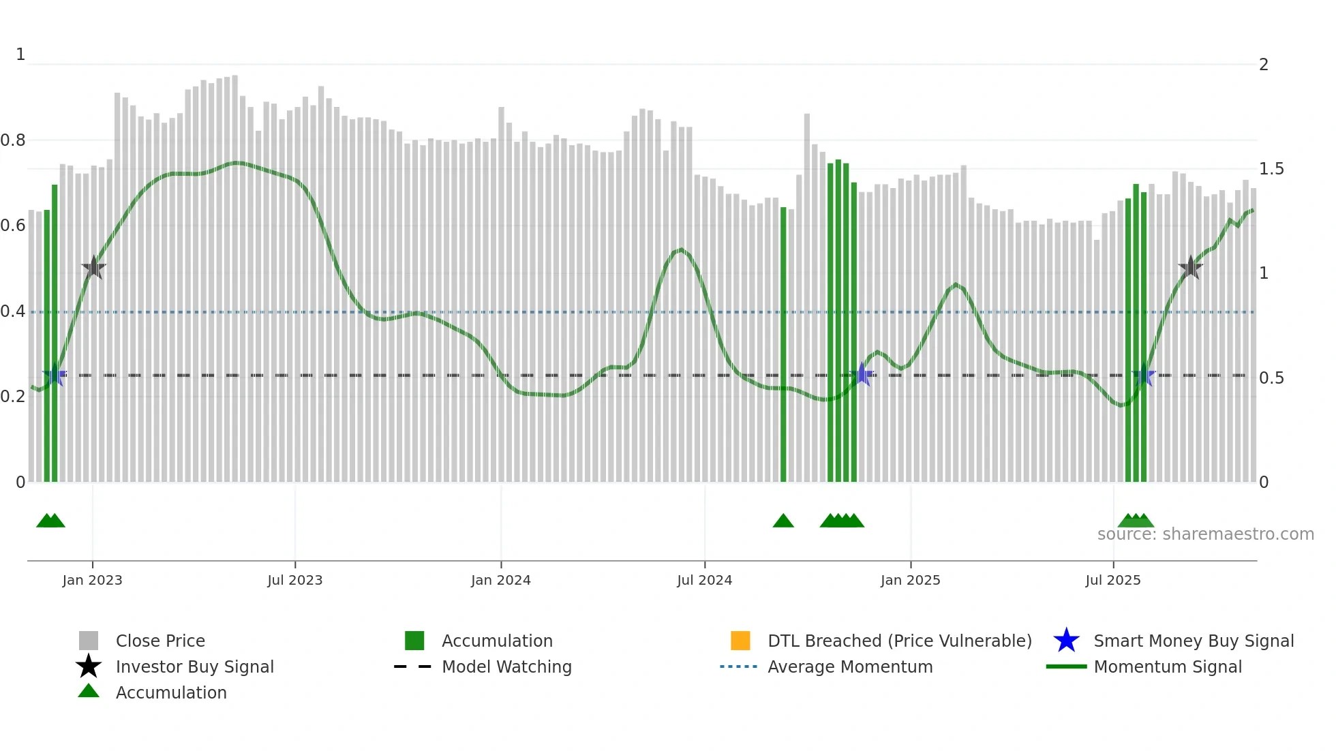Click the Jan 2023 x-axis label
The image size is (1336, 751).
92,580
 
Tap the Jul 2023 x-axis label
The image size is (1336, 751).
294,580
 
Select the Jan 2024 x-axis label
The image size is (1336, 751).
500,580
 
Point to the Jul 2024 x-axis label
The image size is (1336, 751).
704,580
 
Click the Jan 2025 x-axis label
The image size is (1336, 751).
910,580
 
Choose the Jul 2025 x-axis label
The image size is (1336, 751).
1112,580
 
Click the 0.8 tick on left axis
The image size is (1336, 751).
13,140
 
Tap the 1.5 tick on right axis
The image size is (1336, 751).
1271,169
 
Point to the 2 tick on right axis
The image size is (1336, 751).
1264,65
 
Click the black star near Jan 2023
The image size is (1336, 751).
93,268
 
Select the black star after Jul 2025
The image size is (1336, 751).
1190,268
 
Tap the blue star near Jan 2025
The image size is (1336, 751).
862,375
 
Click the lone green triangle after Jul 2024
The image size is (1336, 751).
783,521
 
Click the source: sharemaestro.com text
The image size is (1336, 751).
1205,534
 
